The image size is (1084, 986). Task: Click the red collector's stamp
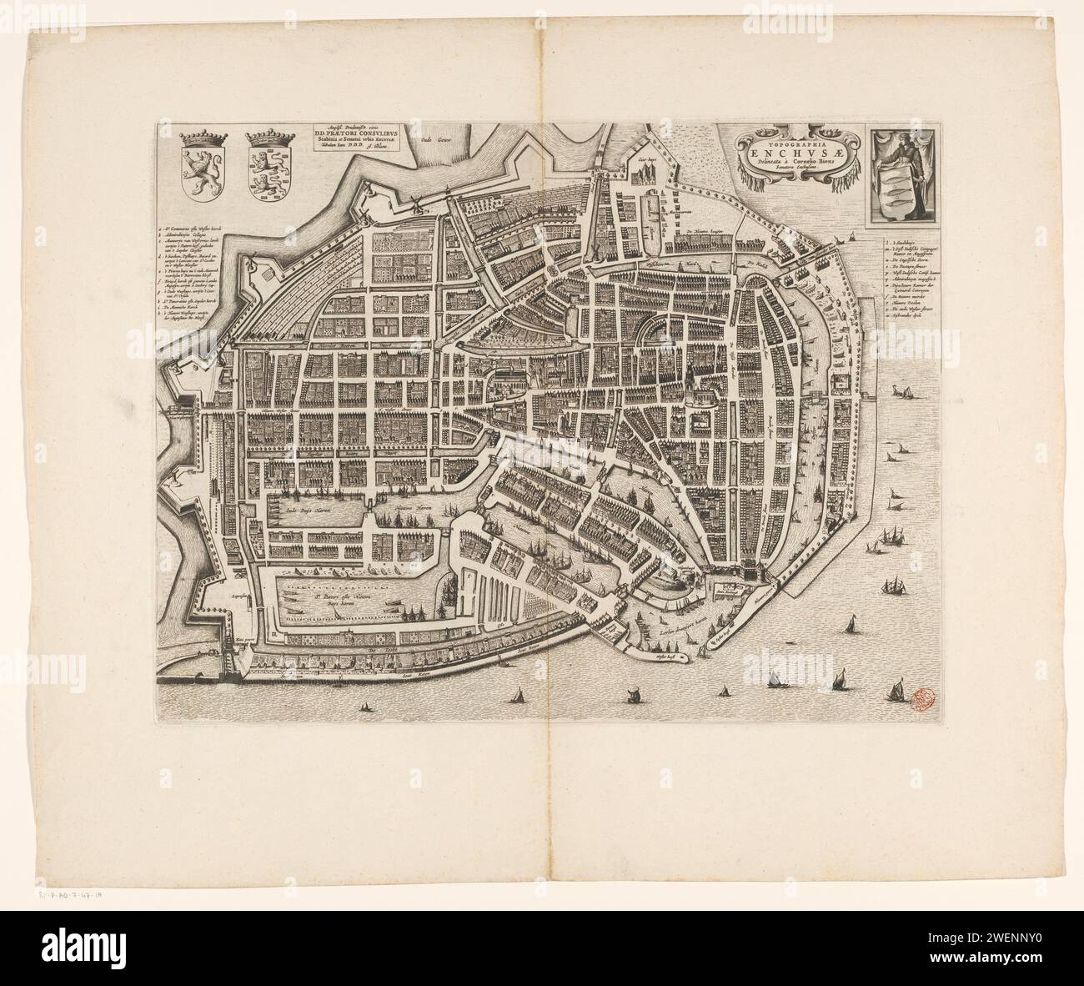coord(921,697)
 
